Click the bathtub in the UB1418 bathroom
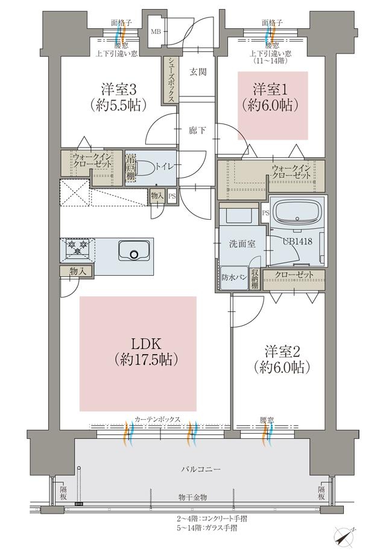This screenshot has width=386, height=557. click(299, 213)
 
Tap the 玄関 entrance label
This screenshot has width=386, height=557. click(198, 72)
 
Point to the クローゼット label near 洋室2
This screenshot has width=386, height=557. click(293, 275)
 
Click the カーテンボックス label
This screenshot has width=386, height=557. click(157, 419)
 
